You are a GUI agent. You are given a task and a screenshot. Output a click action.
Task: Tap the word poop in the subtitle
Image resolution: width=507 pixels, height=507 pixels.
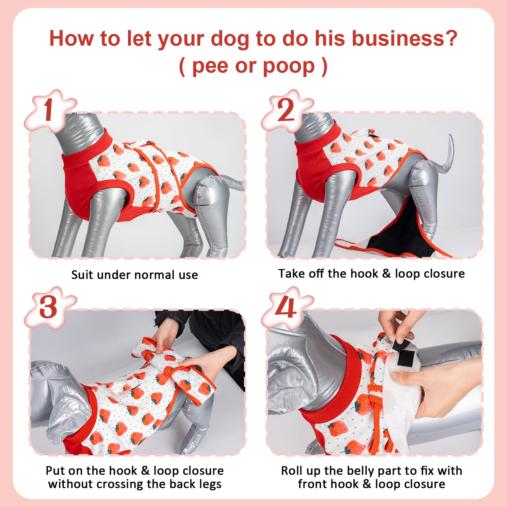(289, 67)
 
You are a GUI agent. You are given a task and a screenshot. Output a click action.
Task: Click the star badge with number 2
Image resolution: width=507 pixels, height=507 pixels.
(286, 110)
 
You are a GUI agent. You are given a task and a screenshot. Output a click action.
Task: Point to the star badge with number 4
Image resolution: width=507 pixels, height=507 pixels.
(286, 307)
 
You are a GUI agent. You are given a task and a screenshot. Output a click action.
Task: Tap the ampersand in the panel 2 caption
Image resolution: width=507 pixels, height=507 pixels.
(386, 273)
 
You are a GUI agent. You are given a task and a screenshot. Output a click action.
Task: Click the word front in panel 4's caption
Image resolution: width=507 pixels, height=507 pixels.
(312, 484)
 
